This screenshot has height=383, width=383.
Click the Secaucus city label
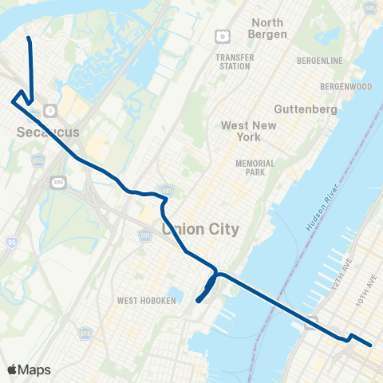click(x=48, y=132)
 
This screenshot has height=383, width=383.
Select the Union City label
click(x=200, y=229)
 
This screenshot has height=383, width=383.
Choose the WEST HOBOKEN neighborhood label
click(x=147, y=300)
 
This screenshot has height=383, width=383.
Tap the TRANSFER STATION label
click(x=234, y=62)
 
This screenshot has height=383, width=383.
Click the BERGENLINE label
click(x=319, y=61)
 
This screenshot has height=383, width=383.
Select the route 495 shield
click(x=63, y=183)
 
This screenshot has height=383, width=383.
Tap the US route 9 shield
click(x=223, y=36)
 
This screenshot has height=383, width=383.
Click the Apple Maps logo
click(x=30, y=369)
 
